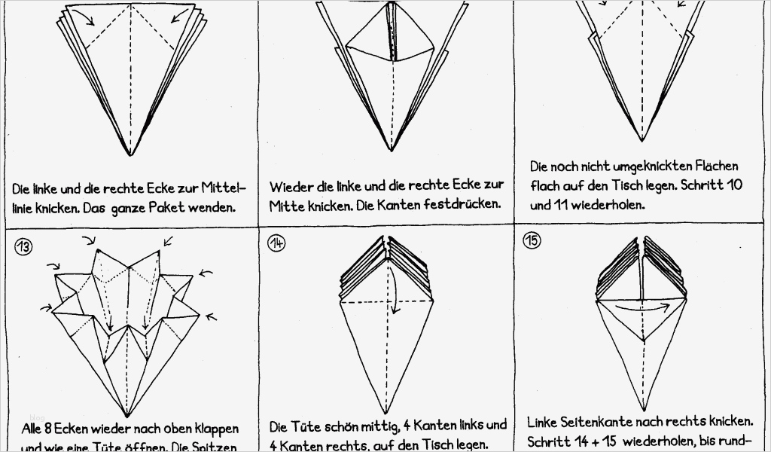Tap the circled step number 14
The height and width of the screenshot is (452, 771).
(276, 243)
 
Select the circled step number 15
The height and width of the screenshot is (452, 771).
(532, 241)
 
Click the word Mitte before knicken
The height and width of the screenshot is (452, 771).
(287, 204)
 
